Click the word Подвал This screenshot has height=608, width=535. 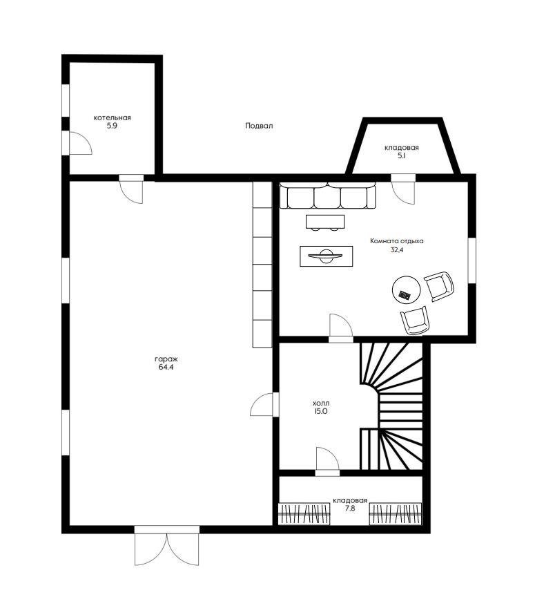pos(259,126)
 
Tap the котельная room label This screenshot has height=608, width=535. pos(113,117)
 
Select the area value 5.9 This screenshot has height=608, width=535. pos(112,126)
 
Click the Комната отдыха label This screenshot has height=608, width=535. pos(397,241)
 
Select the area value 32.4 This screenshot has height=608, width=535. pos(397,250)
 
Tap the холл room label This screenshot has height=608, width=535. pos(321,403)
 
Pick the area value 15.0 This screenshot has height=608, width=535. pos(321,411)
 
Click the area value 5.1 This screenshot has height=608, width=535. pos(401,156)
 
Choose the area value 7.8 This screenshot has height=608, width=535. pos(350,509)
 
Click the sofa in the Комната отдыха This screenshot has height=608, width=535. pos(328,196)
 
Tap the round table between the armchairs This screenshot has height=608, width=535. pos(406,289)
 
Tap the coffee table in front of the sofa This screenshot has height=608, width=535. pos(325,222)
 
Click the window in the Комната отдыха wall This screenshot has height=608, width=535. pos(472,260)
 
